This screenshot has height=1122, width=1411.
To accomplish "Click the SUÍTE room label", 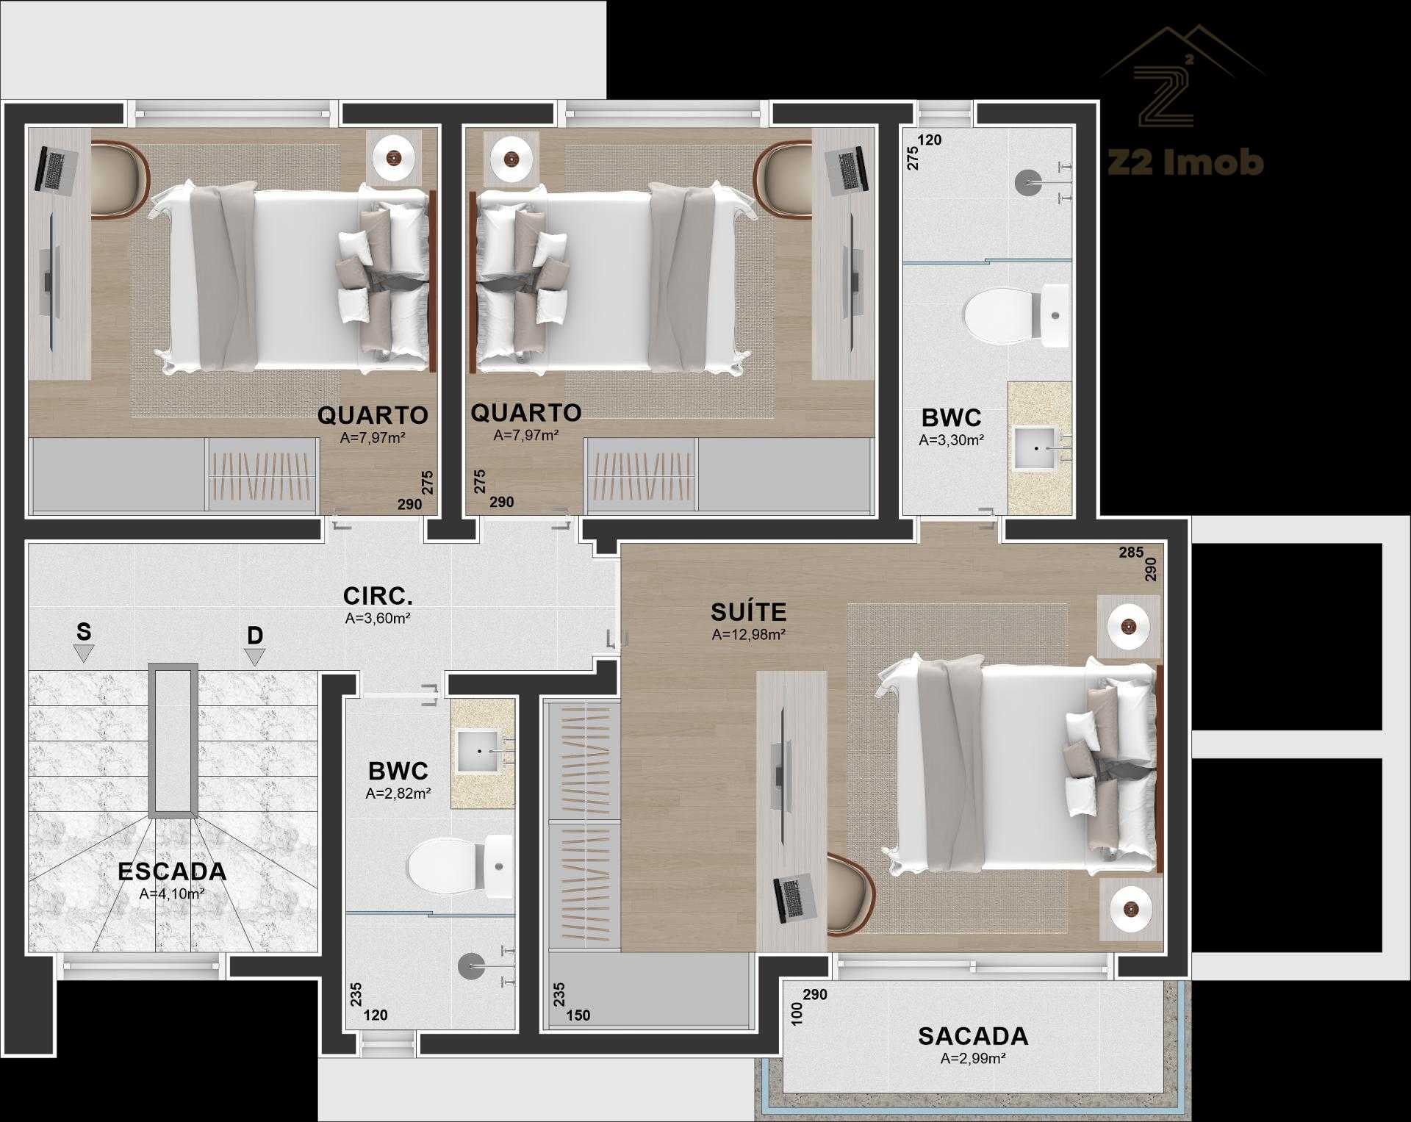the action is (748, 611).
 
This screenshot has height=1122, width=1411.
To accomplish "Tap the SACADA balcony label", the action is (973, 1036).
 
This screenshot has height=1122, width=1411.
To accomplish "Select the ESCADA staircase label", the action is (172, 871).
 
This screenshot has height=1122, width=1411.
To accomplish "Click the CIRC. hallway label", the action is (378, 595).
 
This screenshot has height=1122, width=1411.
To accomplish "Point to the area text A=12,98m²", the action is (749, 635).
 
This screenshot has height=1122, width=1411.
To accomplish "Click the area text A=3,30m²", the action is (952, 440).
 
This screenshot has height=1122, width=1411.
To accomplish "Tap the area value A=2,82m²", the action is (398, 794).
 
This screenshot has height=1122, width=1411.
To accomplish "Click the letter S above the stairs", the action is (84, 632).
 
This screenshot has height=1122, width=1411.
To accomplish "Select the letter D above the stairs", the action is (255, 636).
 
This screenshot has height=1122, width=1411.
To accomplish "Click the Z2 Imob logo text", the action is (1185, 162).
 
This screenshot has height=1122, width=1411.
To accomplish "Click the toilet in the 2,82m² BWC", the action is (460, 866).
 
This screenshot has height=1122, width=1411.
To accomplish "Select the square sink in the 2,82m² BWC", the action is (479, 751).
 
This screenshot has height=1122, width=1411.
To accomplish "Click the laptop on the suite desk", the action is (795, 897).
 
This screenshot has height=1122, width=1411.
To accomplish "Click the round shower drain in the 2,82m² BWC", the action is (471, 967).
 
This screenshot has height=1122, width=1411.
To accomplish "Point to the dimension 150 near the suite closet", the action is (578, 1015).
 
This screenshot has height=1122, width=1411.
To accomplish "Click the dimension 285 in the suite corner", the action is (1131, 552).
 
